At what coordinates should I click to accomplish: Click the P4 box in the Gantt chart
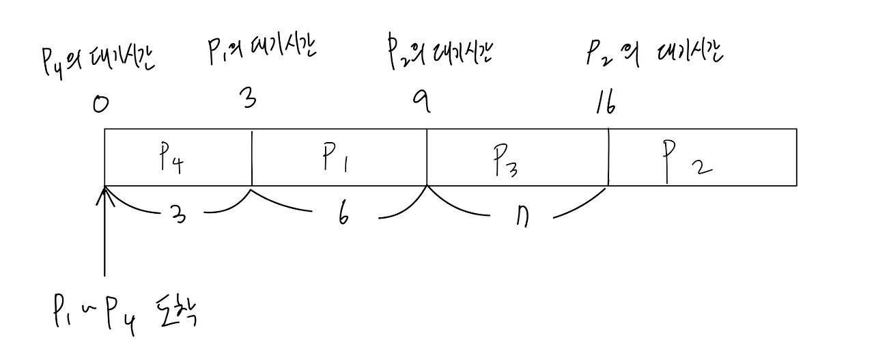pos(178,158)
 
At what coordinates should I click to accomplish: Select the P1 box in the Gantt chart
pos(339,158)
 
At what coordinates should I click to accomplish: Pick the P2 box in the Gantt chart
pos(702,158)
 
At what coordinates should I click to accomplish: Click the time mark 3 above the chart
pos(249,100)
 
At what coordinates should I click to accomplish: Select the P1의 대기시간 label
pos(262,51)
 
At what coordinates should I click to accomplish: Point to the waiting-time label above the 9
pos(439,53)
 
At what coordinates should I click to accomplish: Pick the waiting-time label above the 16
pos(653,53)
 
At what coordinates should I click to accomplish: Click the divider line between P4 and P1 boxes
pos(252,158)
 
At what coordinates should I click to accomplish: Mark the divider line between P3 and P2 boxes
pos(608,158)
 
